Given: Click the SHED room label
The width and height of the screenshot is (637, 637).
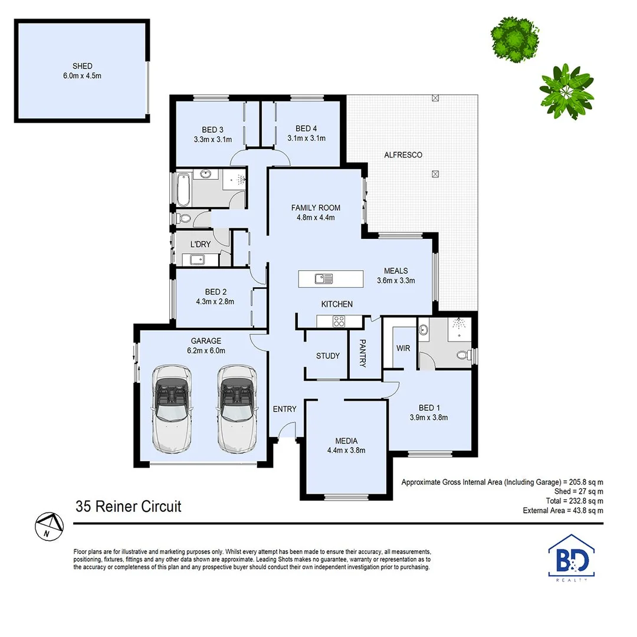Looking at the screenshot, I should (x=83, y=66).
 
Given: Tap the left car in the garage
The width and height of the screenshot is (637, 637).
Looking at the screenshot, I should (x=172, y=408).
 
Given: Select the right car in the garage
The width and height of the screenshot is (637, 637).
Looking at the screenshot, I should (x=238, y=408).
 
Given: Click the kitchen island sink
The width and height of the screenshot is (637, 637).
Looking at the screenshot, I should (x=323, y=278).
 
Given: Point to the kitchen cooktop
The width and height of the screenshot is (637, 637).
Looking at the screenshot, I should (x=339, y=321).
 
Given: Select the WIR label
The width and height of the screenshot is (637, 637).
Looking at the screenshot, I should (x=403, y=349).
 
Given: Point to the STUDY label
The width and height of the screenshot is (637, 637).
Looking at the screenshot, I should (x=327, y=356).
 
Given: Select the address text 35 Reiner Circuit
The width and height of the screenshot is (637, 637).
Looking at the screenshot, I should (x=128, y=506).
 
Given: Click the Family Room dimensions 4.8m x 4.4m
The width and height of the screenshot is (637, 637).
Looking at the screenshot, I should (x=316, y=217).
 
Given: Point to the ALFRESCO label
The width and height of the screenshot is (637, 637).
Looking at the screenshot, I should (x=403, y=155).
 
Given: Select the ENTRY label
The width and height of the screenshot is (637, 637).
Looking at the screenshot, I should (x=284, y=409).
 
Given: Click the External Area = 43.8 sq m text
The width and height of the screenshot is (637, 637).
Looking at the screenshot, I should (x=563, y=511).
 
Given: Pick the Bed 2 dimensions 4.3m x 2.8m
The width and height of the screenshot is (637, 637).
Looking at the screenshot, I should (x=215, y=301).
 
